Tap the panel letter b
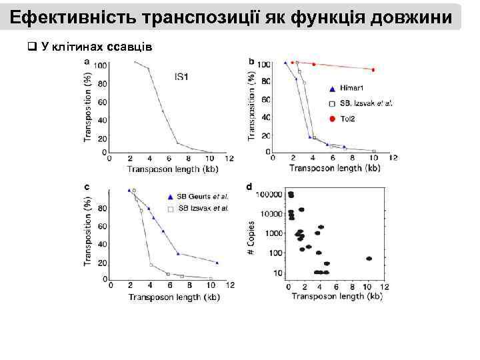click(251, 62)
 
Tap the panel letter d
click(249, 187)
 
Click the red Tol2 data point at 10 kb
click(373, 69)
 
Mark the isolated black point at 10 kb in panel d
click(369, 259)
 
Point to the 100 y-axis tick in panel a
click(101, 65)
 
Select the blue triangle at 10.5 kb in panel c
click(217, 263)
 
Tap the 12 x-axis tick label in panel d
click(385, 287)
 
